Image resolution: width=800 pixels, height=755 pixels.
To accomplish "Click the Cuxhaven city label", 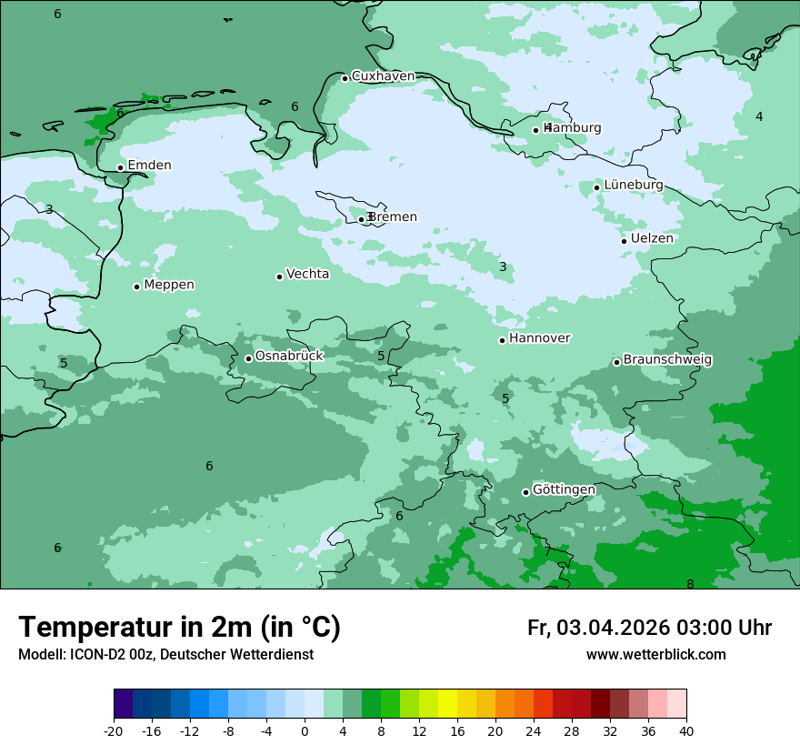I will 383,76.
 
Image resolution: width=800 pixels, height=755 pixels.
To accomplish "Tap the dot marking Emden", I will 120,167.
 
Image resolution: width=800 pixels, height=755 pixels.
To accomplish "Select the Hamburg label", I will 573,128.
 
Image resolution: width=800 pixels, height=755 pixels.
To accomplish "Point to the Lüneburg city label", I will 634,185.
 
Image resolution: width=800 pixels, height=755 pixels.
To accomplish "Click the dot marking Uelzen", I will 624,241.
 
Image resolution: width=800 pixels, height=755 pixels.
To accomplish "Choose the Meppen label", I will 169,285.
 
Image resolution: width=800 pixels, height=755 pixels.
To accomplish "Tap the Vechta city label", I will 307,274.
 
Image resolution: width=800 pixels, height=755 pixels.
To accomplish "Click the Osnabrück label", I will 289,357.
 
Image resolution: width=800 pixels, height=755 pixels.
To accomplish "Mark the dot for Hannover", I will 502,340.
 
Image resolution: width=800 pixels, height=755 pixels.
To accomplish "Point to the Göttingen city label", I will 564,490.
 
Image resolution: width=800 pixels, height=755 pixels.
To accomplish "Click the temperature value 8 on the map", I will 690,584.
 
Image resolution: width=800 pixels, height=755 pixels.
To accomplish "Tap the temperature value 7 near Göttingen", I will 547,551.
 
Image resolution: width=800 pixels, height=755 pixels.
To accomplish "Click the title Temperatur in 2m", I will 180,628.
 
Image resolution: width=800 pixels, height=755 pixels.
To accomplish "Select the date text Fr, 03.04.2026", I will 598,628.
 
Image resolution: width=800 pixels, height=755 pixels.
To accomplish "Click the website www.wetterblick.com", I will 655,655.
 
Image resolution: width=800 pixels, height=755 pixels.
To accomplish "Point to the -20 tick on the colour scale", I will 114,731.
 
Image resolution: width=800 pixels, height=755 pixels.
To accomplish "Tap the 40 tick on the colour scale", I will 686,731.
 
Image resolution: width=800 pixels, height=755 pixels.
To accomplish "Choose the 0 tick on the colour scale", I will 305,731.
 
